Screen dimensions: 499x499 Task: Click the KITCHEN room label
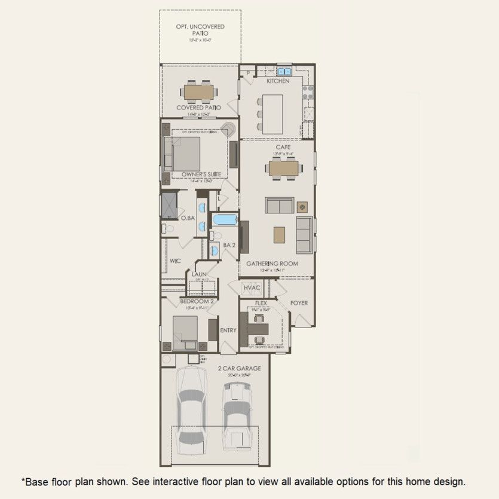click(278, 81)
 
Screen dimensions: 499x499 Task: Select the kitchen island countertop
click(273, 114)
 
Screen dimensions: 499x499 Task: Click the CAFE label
click(283, 147)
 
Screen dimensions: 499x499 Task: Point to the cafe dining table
click(283, 169)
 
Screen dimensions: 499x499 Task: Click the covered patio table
click(199, 92)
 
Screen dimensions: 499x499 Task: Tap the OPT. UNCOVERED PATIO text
click(200, 30)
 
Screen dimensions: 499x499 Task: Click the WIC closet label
click(175, 261)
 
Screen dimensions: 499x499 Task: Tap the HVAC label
click(252, 288)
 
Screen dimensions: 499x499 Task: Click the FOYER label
click(299, 303)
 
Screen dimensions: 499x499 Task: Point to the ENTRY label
click(228, 330)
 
